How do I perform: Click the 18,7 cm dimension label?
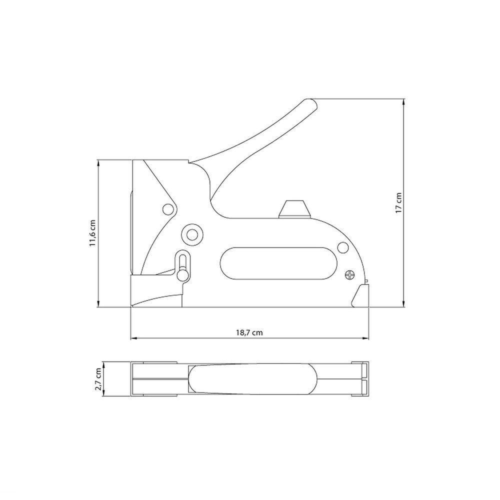tap(249, 332)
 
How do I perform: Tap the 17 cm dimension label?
tap(398, 202)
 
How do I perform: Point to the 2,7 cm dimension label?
tap(99, 379)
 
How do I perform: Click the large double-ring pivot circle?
tap(191, 233)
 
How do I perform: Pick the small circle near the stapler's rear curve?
tap(342, 248)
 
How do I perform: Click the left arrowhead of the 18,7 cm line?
tap(133, 338)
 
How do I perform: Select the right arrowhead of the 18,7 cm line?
tap(366, 338)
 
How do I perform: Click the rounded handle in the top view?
tap(252, 379)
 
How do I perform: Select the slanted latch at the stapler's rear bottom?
tap(359, 296)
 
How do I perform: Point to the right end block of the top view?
tap(360, 379)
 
